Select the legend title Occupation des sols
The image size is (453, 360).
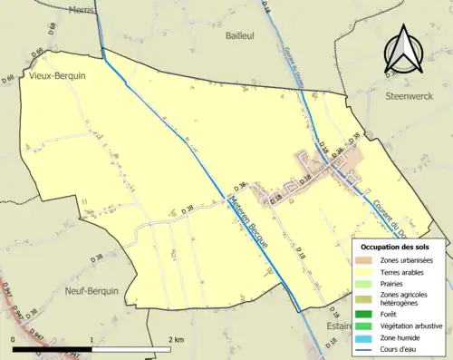398,247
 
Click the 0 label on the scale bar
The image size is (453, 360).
13,339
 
